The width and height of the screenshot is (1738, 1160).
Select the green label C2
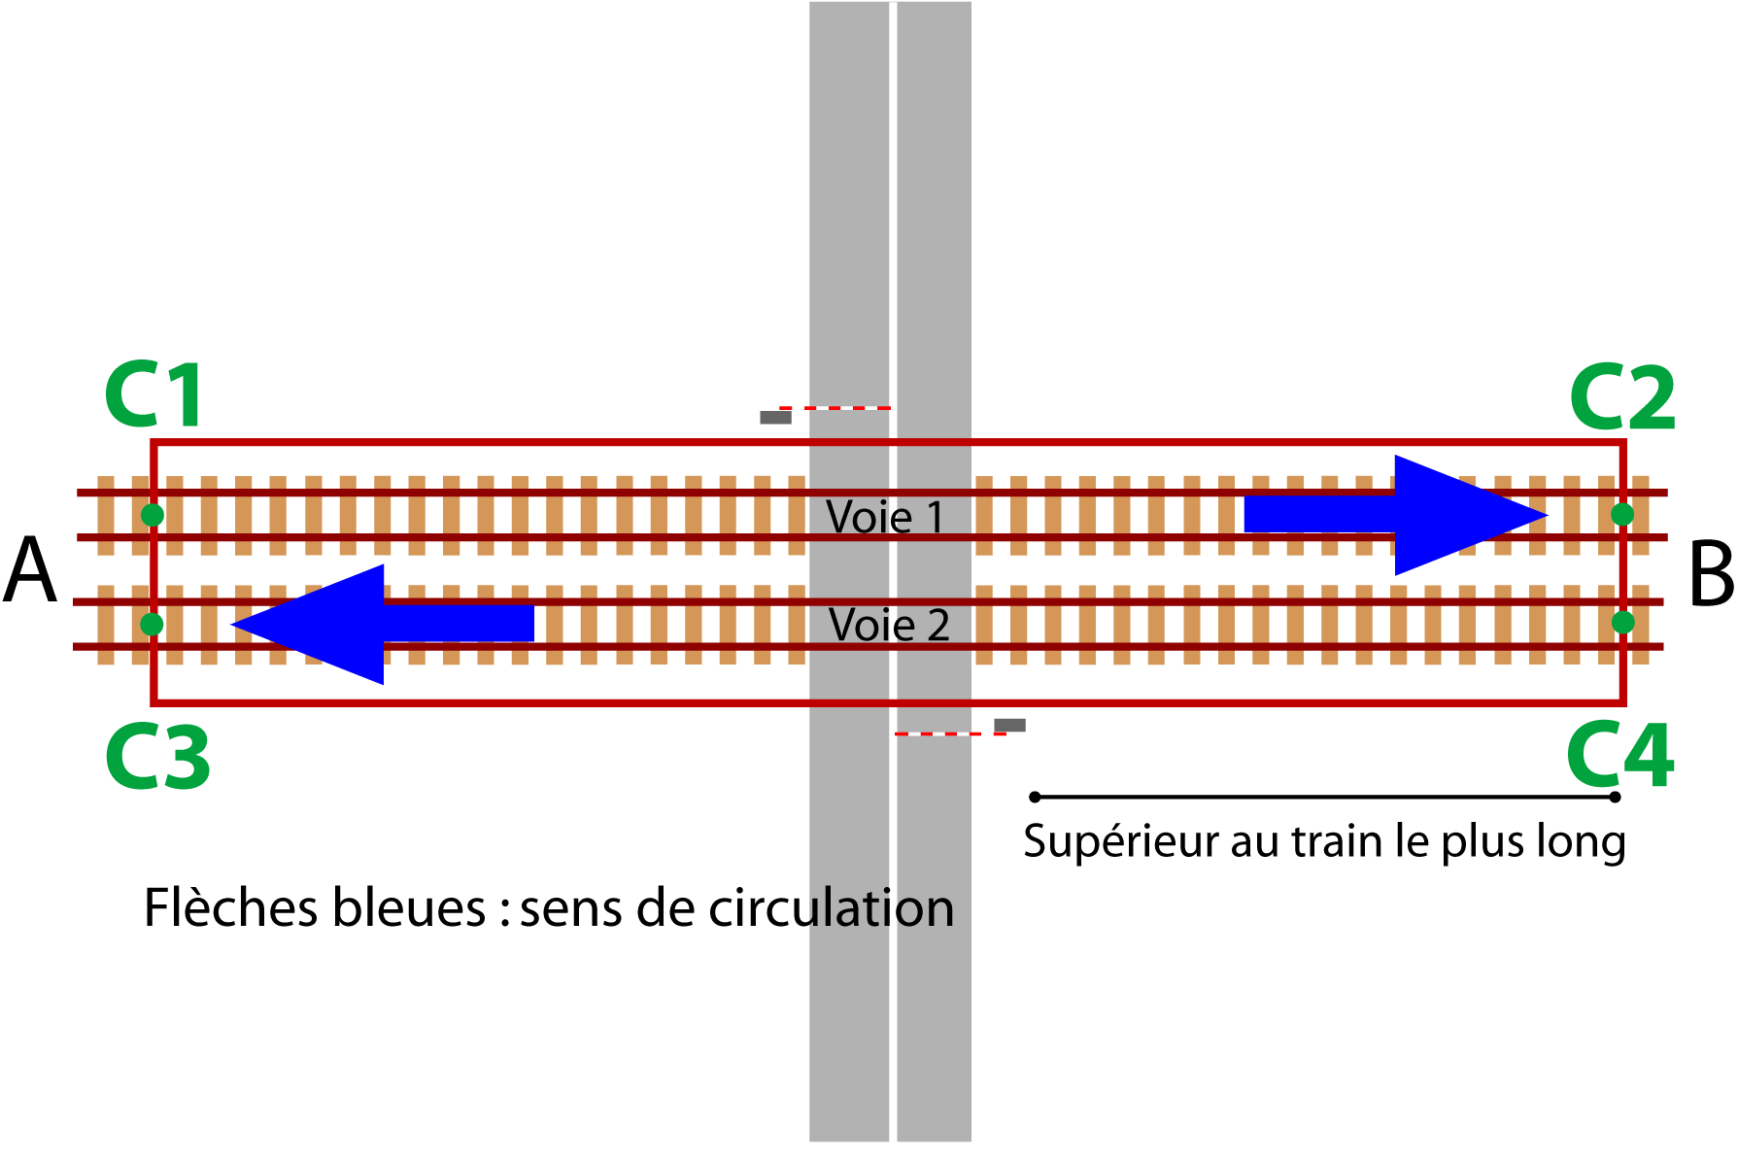tap(1622, 397)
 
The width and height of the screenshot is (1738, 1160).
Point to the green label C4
tap(1620, 756)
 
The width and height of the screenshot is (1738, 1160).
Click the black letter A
tap(30, 573)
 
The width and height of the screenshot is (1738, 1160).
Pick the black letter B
tap(1711, 575)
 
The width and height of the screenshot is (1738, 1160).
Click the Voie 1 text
tap(884, 517)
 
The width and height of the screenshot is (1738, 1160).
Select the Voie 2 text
tap(889, 625)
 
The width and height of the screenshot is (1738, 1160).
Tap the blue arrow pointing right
tap(1396, 515)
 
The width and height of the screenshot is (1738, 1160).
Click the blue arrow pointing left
tap(382, 625)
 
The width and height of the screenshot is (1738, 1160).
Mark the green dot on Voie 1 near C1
tap(153, 515)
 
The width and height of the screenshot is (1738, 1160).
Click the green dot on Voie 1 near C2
tap(1622, 514)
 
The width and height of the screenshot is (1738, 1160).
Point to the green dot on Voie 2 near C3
tap(152, 624)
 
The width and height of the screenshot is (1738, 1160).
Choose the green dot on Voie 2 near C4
tap(1623, 622)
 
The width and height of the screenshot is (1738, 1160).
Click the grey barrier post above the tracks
tap(775, 418)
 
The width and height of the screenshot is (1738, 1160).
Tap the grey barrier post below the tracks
tap(1009, 726)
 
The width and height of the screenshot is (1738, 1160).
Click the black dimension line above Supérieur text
tap(1325, 797)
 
